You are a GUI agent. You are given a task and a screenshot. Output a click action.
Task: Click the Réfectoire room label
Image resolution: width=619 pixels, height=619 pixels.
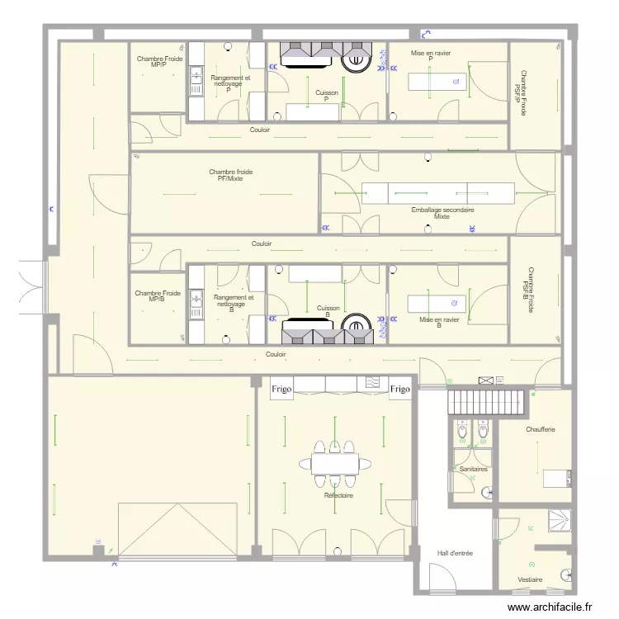(338, 495)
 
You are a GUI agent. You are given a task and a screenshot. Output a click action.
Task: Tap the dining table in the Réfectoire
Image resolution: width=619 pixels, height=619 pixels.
(335, 464)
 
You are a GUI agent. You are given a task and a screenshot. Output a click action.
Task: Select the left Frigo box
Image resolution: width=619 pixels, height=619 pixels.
(281, 389)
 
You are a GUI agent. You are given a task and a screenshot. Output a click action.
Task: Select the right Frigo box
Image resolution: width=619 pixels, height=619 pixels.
(400, 389)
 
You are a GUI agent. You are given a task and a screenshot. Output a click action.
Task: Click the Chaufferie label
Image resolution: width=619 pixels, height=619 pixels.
(541, 429)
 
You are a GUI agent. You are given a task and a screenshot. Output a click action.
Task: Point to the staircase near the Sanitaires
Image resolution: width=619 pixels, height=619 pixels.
(486, 402)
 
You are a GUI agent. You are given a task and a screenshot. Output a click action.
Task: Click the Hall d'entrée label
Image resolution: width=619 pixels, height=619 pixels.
(455, 553)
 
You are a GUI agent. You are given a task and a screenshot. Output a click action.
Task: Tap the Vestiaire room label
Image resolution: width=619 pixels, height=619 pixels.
(530, 579)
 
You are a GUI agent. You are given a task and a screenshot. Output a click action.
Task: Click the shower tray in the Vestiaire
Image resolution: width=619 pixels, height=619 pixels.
(560, 520)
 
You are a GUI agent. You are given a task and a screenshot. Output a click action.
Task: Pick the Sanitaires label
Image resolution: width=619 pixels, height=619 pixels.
(474, 469)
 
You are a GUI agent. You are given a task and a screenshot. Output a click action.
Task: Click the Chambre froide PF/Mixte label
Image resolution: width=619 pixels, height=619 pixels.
(230, 175)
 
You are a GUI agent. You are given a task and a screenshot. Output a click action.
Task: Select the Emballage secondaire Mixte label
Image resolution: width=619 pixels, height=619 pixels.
(442, 213)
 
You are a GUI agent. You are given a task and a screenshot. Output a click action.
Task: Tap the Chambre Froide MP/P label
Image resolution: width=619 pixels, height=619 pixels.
(159, 61)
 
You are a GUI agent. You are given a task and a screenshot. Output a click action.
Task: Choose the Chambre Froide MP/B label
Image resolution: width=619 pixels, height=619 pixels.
(158, 296)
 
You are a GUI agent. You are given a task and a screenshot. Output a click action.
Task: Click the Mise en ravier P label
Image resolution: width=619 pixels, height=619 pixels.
(431, 55)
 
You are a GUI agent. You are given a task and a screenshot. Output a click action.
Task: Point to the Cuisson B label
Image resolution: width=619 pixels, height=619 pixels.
(328, 311)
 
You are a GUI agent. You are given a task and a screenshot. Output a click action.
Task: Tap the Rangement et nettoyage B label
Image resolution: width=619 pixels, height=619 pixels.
(234, 304)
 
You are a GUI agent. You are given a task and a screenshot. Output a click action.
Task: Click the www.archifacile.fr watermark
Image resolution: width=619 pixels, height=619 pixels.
(550, 607)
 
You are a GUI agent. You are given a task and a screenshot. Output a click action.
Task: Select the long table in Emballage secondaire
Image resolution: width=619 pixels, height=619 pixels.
(438, 193)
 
